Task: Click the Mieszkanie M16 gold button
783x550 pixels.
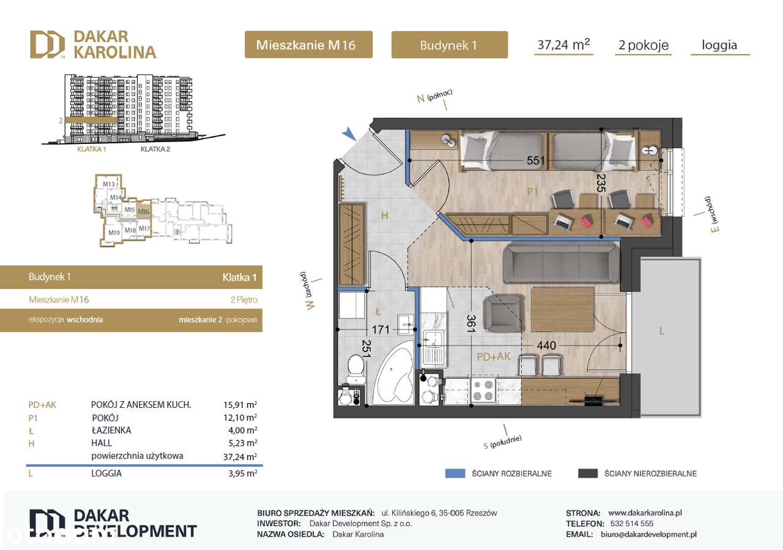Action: click(308, 45)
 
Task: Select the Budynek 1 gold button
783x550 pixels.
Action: click(449, 45)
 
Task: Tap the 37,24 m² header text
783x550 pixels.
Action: click(563, 44)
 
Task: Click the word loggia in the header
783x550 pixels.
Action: click(719, 45)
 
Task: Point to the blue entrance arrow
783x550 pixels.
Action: click(349, 133)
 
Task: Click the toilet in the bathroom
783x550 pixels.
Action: click(354, 371)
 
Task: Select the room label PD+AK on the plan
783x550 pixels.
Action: click(493, 356)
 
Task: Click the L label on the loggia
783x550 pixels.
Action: click(662, 331)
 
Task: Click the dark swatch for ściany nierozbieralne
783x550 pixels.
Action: click(587, 473)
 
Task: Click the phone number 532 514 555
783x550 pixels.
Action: click(631, 524)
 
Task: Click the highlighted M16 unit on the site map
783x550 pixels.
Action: click(143, 212)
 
